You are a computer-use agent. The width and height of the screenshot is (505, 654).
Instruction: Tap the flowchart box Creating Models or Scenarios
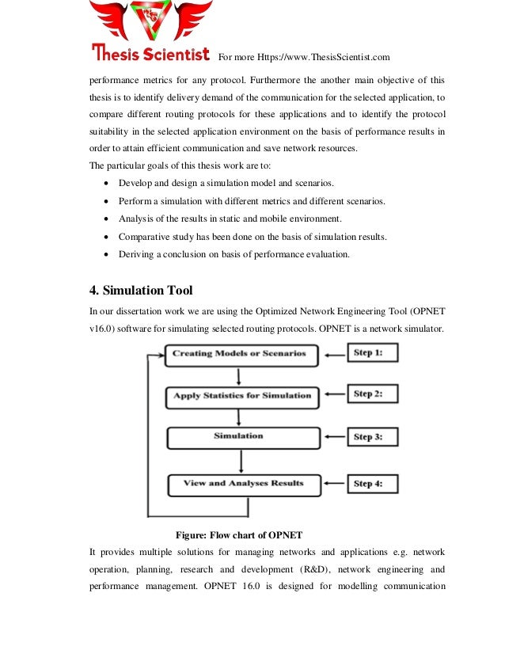(x=240, y=353)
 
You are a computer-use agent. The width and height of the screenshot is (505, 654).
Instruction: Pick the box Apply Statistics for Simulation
(x=242, y=394)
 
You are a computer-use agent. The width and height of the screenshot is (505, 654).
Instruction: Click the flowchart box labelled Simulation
(x=240, y=436)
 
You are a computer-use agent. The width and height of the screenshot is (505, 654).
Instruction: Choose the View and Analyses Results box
(x=243, y=483)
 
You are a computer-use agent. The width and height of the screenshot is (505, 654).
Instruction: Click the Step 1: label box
(x=372, y=352)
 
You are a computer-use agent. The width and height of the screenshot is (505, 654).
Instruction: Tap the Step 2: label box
(x=372, y=394)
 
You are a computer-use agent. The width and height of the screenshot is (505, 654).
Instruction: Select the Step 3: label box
(x=372, y=436)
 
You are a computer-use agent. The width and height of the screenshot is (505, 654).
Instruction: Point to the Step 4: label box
(x=372, y=483)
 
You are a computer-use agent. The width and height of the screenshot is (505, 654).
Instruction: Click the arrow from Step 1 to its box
(x=333, y=353)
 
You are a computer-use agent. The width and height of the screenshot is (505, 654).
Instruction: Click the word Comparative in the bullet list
(x=143, y=237)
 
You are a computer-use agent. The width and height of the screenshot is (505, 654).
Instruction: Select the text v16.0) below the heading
(x=104, y=328)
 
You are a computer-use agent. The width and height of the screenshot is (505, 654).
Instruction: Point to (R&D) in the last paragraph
(x=332, y=569)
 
